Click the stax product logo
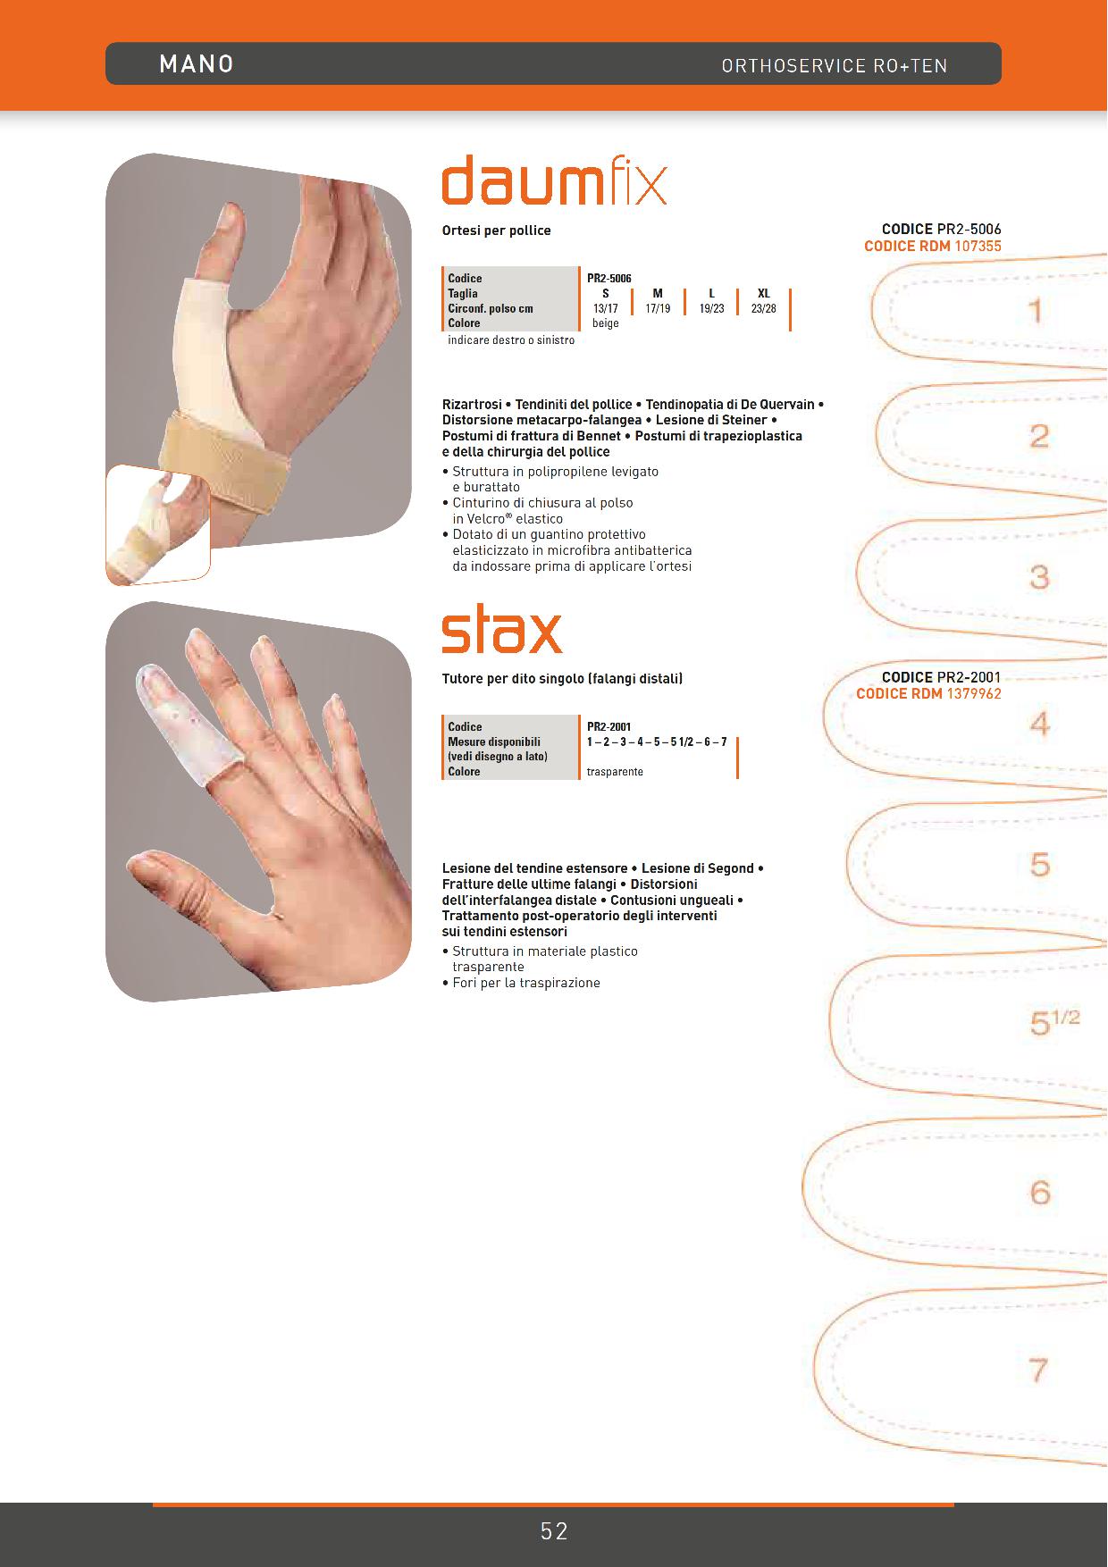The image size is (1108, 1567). (502, 632)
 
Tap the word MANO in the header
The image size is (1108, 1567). (197, 63)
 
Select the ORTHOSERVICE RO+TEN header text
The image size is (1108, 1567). (835, 65)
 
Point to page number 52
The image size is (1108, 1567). (554, 1531)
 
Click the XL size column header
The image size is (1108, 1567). (764, 293)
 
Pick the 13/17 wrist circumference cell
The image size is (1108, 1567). (606, 308)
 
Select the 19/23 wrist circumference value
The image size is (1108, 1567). (712, 308)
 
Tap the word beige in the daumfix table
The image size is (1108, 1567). (606, 323)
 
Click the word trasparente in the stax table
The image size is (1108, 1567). (615, 772)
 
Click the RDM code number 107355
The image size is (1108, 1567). (978, 246)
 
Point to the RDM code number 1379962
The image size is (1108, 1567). (974, 694)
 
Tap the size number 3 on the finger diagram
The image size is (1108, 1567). (1039, 577)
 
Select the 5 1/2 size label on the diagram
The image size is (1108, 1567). (1054, 1022)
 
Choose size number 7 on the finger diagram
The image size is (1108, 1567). (1038, 1370)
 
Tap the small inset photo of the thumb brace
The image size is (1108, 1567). (158, 525)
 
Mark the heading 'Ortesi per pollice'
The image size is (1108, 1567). (496, 230)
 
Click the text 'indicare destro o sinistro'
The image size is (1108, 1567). (511, 340)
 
